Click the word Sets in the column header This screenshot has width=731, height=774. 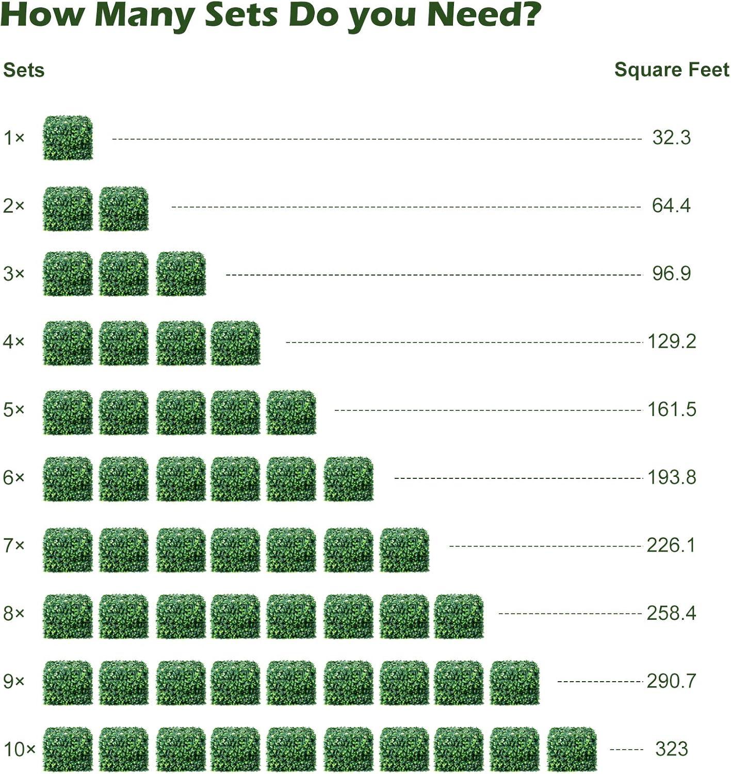pyautogui.click(x=24, y=70)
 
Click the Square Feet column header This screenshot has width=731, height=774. pyautogui.click(x=672, y=70)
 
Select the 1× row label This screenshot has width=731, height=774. pyautogui.click(x=14, y=138)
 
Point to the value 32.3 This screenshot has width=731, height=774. pyautogui.click(x=671, y=138)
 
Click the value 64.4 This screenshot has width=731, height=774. pyautogui.click(x=671, y=205)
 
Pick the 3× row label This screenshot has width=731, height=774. pyautogui.click(x=14, y=273)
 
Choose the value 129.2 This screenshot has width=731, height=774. pyautogui.click(x=672, y=341)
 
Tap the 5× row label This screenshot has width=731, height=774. pyautogui.click(x=14, y=410)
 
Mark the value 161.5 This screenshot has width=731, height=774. pyautogui.click(x=672, y=409)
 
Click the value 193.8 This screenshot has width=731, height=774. pyautogui.click(x=672, y=477)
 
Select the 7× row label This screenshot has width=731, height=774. pyautogui.click(x=14, y=545)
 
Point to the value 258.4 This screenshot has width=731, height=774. pyautogui.click(x=671, y=613)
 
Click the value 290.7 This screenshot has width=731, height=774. pyautogui.click(x=671, y=681)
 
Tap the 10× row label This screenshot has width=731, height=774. pyautogui.click(x=19, y=749)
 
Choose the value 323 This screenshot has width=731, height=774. pyautogui.click(x=671, y=749)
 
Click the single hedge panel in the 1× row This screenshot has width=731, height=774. pyautogui.click(x=68, y=138)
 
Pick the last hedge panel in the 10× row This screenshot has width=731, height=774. pyautogui.click(x=572, y=749)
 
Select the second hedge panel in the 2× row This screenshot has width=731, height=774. pyautogui.click(x=124, y=208)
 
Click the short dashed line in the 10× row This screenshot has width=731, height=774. pyautogui.click(x=626, y=749)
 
